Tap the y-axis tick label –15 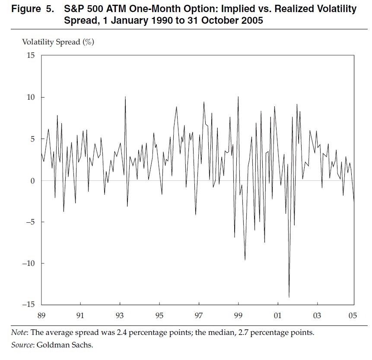(29, 305)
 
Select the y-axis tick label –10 (29, 263)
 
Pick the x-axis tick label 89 (41, 316)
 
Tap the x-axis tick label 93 (120, 316)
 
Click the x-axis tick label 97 (199, 316)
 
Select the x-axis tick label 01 (278, 316)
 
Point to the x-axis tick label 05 (352, 316)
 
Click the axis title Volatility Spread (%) (58, 42)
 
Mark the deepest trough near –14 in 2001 (289, 297)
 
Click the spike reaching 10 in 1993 (125, 97)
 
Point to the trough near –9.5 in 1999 (245, 259)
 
